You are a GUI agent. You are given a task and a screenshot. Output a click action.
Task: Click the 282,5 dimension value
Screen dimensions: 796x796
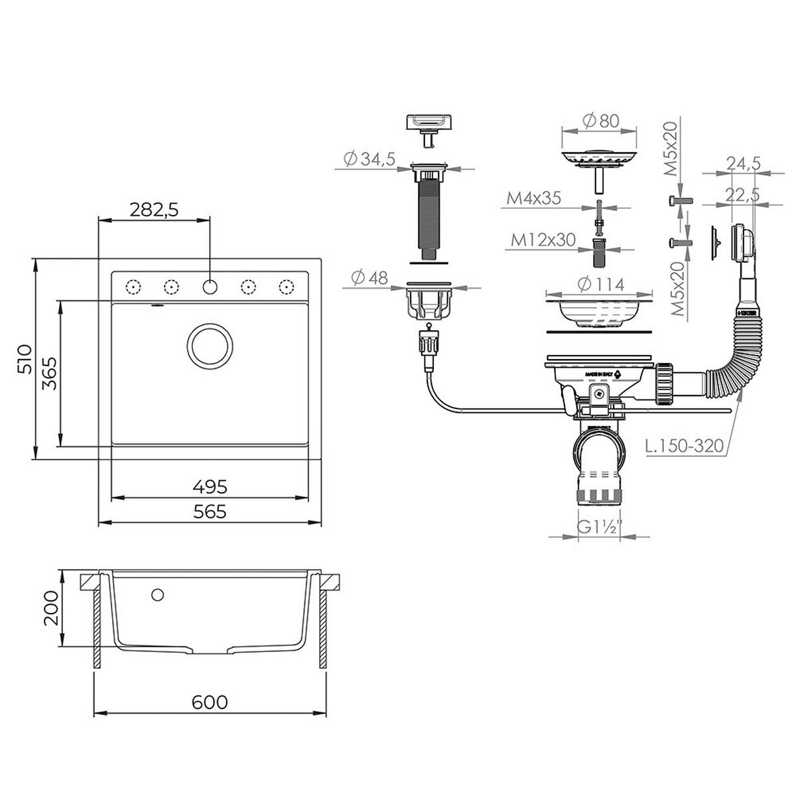154,210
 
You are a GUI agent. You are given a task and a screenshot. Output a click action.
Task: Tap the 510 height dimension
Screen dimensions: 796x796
25,359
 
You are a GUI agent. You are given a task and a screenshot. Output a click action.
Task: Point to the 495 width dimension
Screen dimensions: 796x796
210,487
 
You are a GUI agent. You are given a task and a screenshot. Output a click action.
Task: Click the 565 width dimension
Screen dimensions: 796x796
210,511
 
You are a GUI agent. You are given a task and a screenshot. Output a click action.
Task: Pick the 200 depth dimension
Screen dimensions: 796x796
52,608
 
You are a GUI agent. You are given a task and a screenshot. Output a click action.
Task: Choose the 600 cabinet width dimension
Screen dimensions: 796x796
210,702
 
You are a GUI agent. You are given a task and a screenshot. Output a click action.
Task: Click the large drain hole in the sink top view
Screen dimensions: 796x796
210,345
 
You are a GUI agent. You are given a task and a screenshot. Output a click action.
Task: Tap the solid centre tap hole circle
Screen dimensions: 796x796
210,287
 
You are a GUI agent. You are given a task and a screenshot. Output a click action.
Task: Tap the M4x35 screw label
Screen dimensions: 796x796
534,198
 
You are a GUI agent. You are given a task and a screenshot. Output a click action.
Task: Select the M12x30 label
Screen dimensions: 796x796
543,239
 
